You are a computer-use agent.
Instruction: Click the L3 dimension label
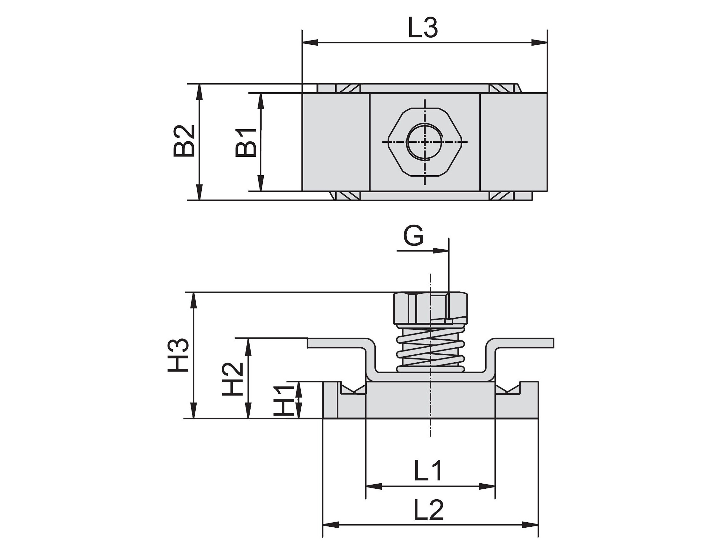pos(423,28)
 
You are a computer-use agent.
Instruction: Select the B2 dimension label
pos(184,141)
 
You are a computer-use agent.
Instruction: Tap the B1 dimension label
pos(246,143)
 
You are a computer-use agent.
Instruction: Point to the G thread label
pos(413,236)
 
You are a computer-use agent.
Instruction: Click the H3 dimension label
pos(179,355)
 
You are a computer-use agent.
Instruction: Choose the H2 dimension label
pos(232,379)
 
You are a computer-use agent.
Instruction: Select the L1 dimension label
pos(428,471)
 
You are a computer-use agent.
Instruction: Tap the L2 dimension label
pos(428,510)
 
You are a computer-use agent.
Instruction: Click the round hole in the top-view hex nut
pos(425,142)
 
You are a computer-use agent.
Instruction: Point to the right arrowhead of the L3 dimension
pos(540,42)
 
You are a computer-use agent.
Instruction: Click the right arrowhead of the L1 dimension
pos(487,486)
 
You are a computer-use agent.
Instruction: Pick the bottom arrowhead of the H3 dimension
pos(194,411)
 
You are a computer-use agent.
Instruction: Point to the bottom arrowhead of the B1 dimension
pos(260,183)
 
